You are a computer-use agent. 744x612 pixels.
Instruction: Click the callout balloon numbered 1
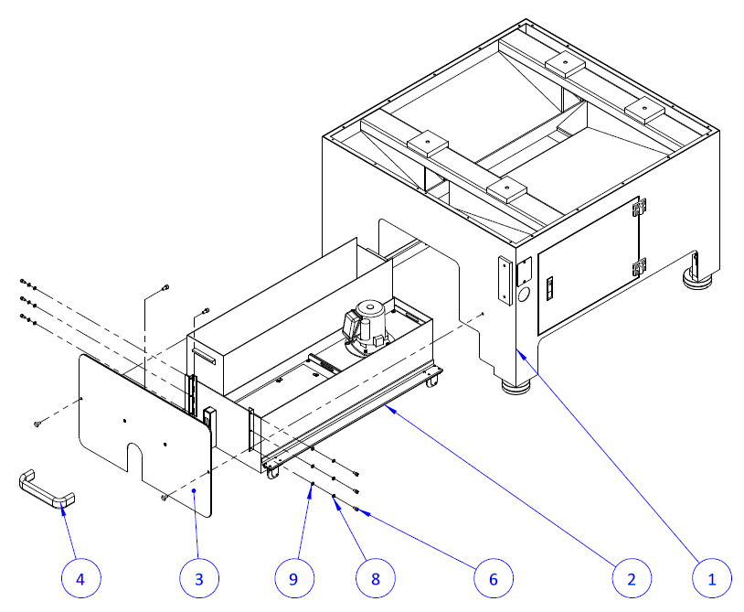[708, 578]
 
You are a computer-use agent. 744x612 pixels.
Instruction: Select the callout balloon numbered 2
[631, 578]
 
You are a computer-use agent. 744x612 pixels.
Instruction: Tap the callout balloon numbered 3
[198, 578]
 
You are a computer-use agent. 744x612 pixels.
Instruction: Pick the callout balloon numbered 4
[81, 578]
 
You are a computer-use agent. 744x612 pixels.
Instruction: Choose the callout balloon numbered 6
[493, 578]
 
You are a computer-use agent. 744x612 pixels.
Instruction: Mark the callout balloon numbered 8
[375, 578]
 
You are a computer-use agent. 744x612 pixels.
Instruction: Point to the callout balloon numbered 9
[294, 578]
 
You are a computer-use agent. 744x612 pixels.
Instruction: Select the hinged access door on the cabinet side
[587, 265]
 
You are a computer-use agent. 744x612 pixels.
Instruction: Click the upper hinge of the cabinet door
[641, 208]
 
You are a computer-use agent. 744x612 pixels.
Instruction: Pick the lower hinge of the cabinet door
[639, 268]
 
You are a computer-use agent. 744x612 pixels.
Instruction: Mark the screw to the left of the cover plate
[36, 424]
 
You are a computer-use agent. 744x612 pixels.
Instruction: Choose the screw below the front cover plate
[163, 498]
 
